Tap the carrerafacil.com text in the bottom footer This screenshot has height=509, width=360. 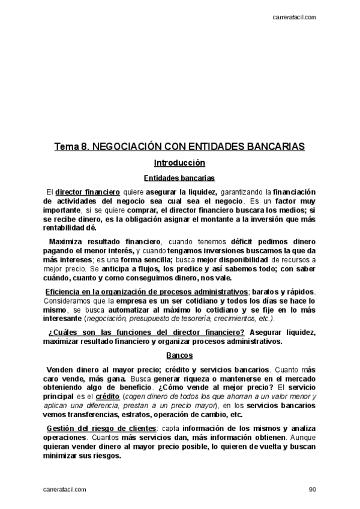click(x=64, y=489)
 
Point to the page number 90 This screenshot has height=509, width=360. click(x=312, y=489)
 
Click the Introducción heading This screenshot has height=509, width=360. click(x=179, y=163)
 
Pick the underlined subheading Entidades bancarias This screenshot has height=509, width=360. click(x=179, y=178)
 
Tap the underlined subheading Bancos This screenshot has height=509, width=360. click(x=179, y=355)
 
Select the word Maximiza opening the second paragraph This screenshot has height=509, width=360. click(x=69, y=241)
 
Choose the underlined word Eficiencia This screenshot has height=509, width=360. click(x=65, y=291)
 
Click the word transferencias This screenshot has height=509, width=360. click(x=89, y=414)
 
